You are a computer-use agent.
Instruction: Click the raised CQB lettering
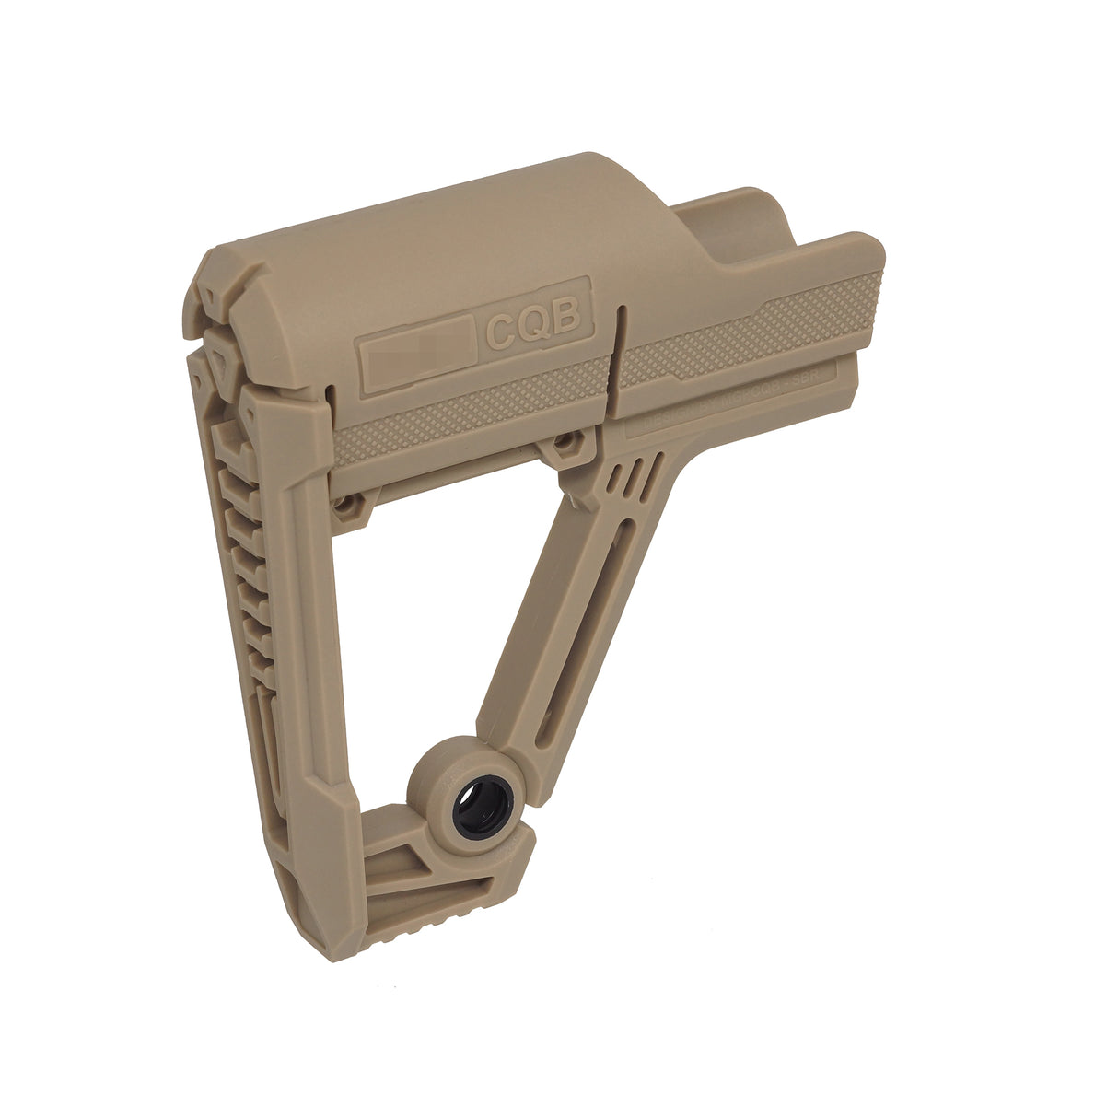tap(533, 322)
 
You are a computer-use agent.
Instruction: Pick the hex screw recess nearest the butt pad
tap(347, 505)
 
